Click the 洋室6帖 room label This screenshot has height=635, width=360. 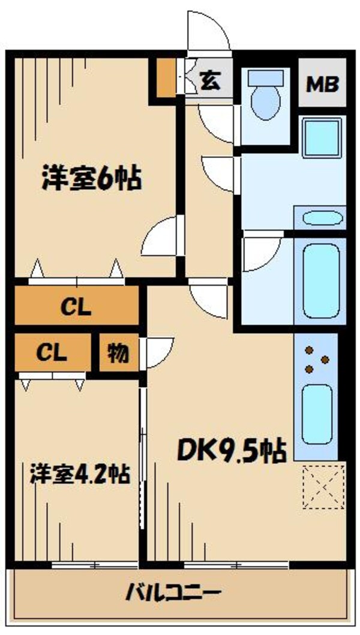92,179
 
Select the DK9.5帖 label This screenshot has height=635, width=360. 232,450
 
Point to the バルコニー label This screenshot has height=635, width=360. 173,594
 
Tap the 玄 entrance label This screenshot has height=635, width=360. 211,80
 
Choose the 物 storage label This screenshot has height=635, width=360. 118,354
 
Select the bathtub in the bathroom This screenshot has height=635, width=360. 321,281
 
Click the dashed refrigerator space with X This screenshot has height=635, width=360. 323,487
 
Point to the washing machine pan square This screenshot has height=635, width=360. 322,137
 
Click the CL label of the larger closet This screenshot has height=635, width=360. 76,308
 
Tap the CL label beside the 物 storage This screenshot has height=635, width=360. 52,353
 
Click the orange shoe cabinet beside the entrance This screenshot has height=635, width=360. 166,78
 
